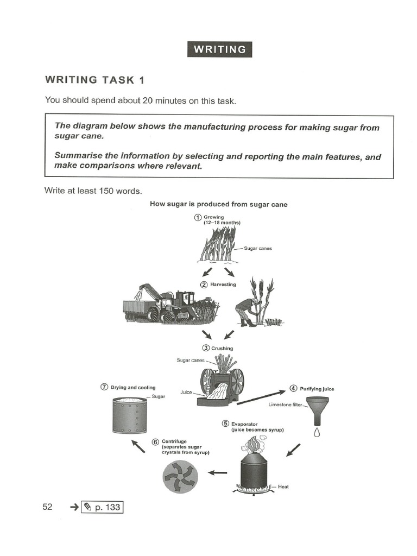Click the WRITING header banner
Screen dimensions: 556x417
[x=219, y=49]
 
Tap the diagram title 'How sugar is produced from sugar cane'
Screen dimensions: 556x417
[x=218, y=205]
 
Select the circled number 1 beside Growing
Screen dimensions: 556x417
[x=198, y=218]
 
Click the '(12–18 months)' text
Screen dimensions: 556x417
[x=222, y=223]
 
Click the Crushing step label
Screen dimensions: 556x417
[x=222, y=348]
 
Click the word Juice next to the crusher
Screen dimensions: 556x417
[x=186, y=391]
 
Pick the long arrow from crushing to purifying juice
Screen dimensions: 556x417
[x=261, y=397]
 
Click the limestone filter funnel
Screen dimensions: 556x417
[x=317, y=410]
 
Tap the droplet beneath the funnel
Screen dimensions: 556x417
[x=317, y=433]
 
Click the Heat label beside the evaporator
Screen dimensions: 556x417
[x=283, y=487]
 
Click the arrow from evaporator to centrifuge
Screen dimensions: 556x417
[x=218, y=472]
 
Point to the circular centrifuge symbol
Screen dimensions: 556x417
[x=181, y=477]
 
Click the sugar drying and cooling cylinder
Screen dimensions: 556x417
[x=129, y=415]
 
